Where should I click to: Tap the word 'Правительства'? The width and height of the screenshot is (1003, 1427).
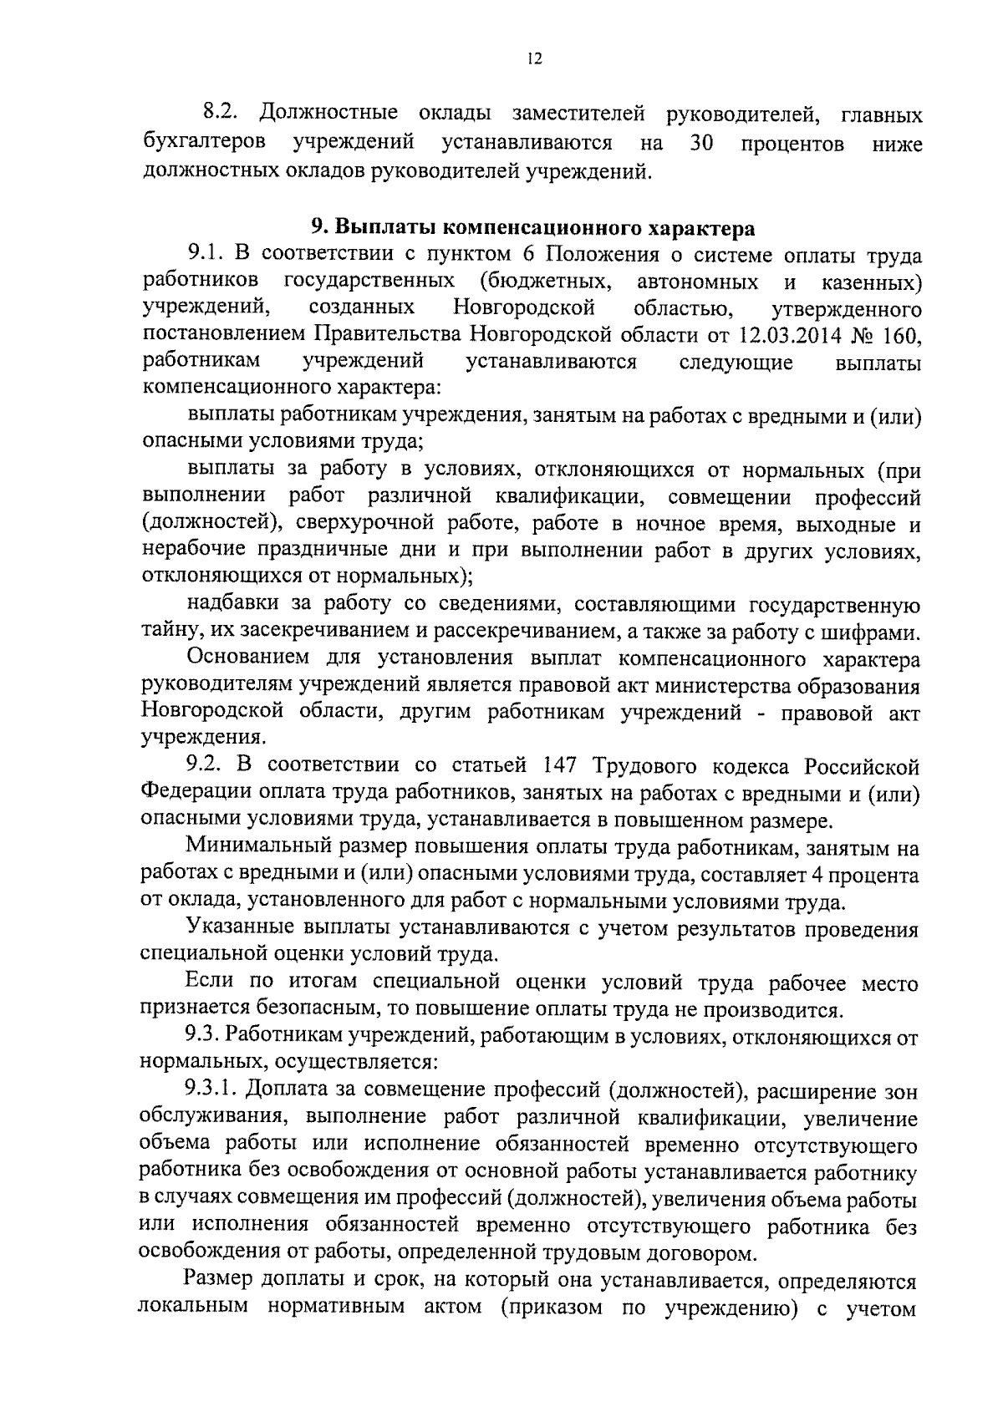click(389, 336)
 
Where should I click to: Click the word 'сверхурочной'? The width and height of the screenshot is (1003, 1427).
click(389, 525)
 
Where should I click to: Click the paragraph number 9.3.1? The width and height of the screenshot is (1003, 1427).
click(212, 1092)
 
